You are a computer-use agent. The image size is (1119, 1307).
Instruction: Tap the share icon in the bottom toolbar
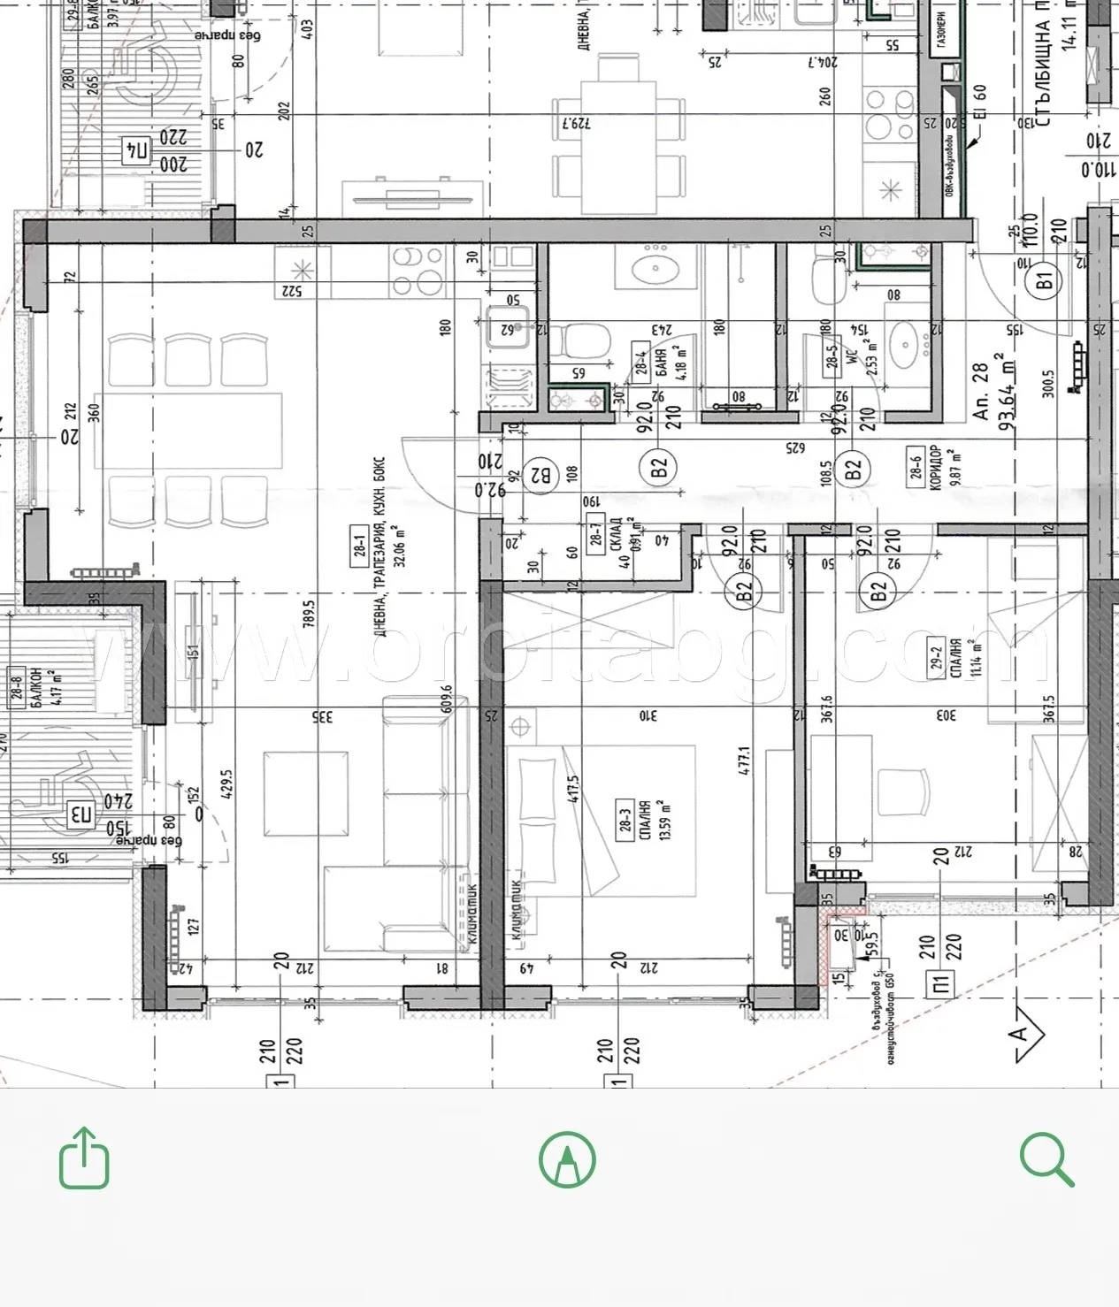84,1158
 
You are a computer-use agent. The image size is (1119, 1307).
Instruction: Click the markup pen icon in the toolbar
567,1159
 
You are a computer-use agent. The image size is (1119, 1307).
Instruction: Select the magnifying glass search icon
1046,1159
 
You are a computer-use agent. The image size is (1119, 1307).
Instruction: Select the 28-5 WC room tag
832,355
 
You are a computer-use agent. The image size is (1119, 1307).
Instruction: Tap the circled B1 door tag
1045,282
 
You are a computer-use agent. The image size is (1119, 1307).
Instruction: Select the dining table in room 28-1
188,431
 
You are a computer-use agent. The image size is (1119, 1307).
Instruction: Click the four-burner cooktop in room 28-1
418,271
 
